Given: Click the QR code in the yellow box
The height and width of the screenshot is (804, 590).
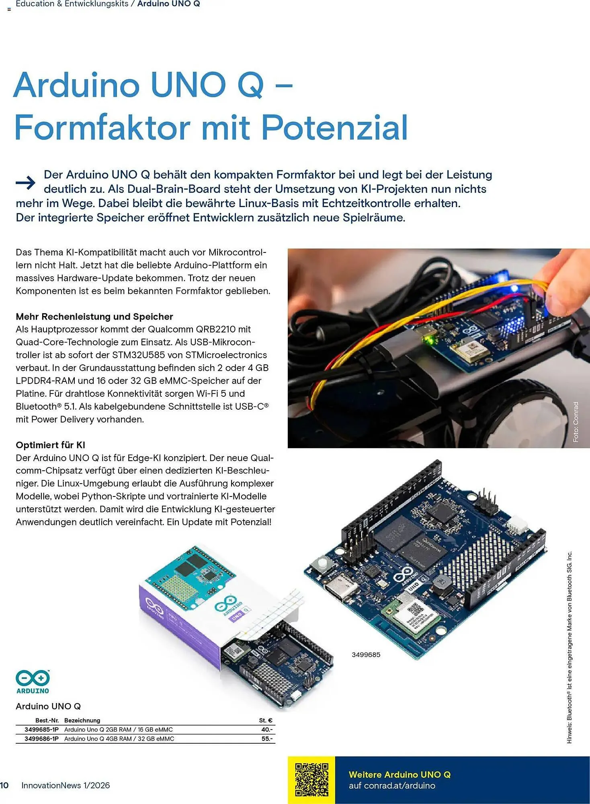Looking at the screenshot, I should tap(311, 779).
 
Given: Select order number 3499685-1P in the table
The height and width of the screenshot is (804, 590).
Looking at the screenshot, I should tap(41, 729).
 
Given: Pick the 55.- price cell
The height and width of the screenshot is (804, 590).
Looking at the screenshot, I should tap(267, 738).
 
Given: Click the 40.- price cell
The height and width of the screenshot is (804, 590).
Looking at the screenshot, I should tap(267, 729).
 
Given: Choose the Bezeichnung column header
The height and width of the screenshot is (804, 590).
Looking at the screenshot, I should tap(82, 720).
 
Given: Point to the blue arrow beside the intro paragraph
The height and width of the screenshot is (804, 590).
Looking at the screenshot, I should tap(26, 183).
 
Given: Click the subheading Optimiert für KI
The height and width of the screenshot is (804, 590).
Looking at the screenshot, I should tap(50, 445).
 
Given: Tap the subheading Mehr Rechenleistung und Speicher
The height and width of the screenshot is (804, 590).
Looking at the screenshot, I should tap(94, 316).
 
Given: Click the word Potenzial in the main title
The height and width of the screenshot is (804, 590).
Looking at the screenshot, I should tap(334, 127).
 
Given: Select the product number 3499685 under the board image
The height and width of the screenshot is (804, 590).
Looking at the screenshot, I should tap(366, 654).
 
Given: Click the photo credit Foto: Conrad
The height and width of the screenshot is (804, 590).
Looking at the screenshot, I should tap(576, 422).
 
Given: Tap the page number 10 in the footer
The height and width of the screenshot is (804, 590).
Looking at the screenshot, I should tap(4, 785).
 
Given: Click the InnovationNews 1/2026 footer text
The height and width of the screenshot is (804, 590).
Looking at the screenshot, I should tap(66, 785).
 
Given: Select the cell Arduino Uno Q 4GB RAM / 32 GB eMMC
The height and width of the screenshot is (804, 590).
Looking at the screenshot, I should tap(119, 738).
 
